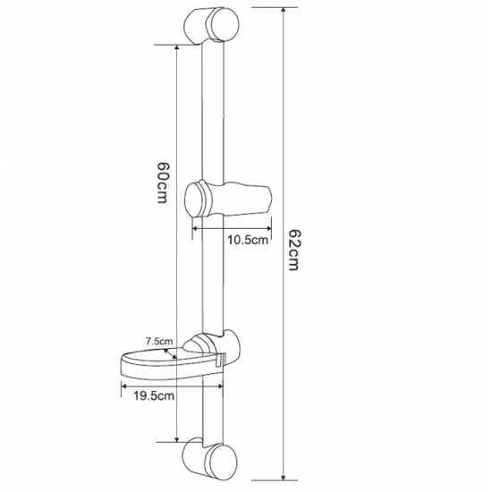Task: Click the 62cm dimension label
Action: (293, 250)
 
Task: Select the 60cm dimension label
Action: (163, 182)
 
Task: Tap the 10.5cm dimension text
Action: (248, 241)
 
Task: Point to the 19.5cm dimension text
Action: (154, 395)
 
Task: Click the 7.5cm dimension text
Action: (159, 341)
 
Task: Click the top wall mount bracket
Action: (211, 26)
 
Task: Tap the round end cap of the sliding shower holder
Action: (194, 199)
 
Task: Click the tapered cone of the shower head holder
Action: (247, 199)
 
